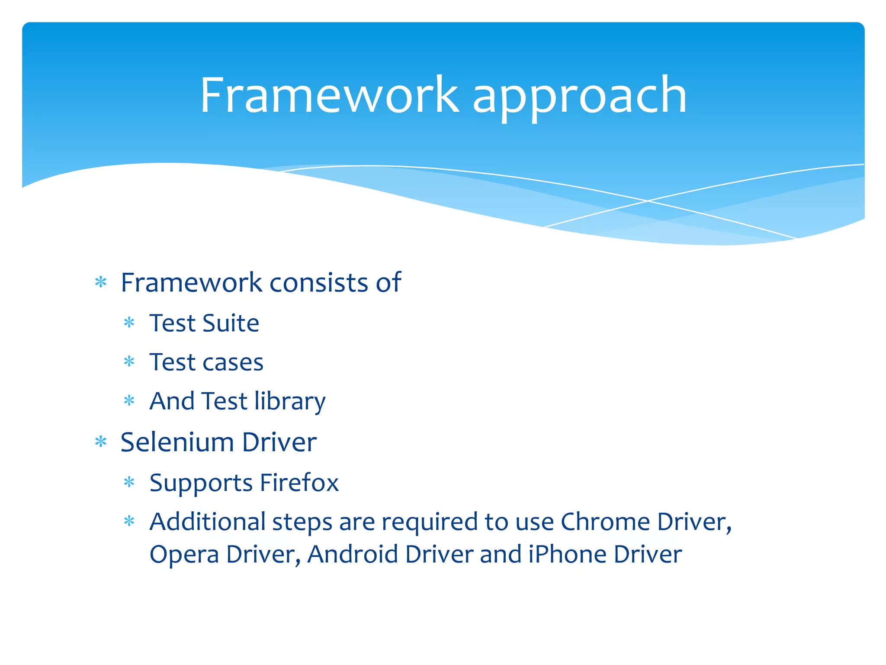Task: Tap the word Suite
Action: pyautogui.click(x=231, y=323)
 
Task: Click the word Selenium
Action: pyautogui.click(x=177, y=442)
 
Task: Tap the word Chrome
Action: pyautogui.click(x=605, y=522)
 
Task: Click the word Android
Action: pyautogui.click(x=353, y=554)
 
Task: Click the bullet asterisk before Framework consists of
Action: pyautogui.click(x=101, y=283)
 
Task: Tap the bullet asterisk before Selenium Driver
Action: pyautogui.click(x=101, y=442)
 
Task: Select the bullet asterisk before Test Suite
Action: pyautogui.click(x=129, y=323)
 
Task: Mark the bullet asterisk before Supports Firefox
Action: pyautogui.click(x=129, y=482)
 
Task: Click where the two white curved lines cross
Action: pyautogui.click(x=648, y=201)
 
